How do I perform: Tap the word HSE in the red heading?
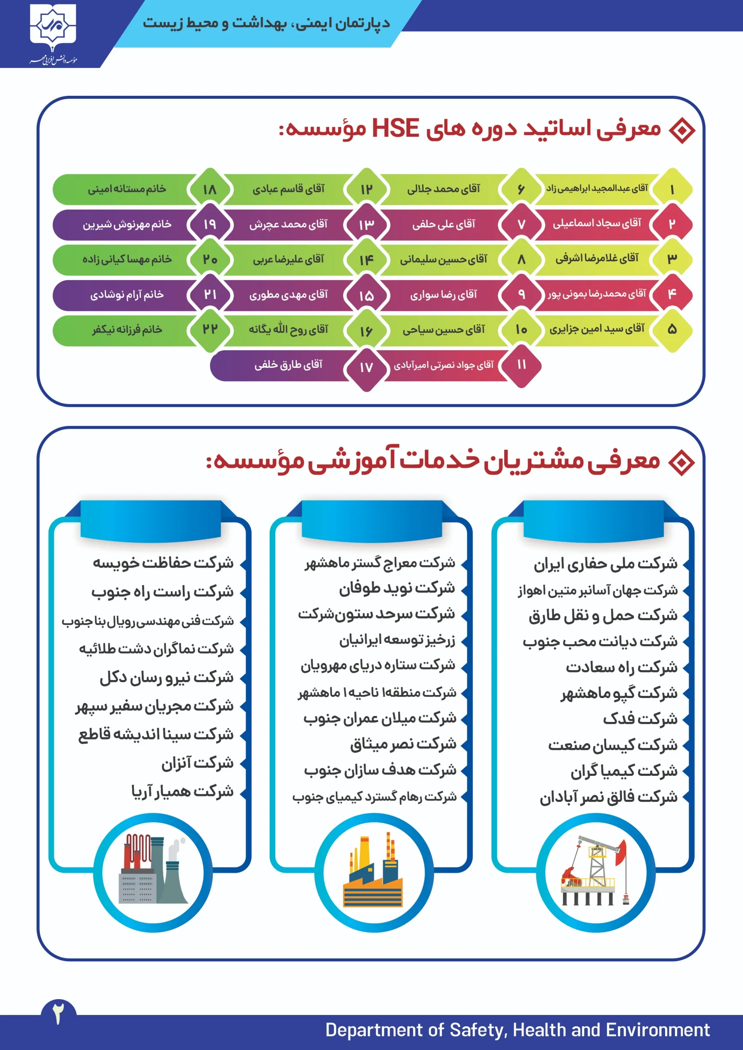pos(395,128)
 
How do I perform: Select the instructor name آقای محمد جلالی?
pos(443,189)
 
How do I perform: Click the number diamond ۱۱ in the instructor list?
pos(521,364)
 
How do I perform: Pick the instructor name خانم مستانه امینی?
pos(127,189)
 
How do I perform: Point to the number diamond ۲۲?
pos(210,329)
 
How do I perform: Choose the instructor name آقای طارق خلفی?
pos(288,364)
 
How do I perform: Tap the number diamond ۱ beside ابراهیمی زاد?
pos(672,189)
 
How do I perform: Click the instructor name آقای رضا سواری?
pos(443,295)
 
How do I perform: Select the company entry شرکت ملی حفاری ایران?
pos(605,564)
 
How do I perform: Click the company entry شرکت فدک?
pos(639,719)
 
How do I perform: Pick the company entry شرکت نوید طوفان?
pos(397,588)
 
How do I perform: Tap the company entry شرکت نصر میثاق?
pos(403,744)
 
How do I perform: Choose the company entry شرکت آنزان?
pos(197,763)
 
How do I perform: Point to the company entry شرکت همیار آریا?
pos(182,791)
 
